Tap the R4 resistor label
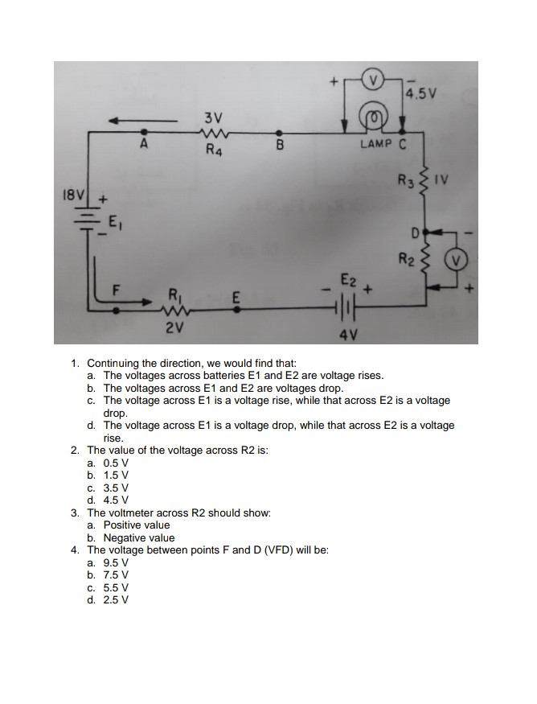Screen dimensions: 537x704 (x=213, y=150)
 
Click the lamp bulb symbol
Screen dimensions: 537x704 (x=374, y=118)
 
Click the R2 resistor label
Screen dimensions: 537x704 (x=408, y=260)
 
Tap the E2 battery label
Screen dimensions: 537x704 (x=347, y=281)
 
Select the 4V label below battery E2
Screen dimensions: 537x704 (x=348, y=332)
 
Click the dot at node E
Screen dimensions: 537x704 (x=236, y=307)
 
